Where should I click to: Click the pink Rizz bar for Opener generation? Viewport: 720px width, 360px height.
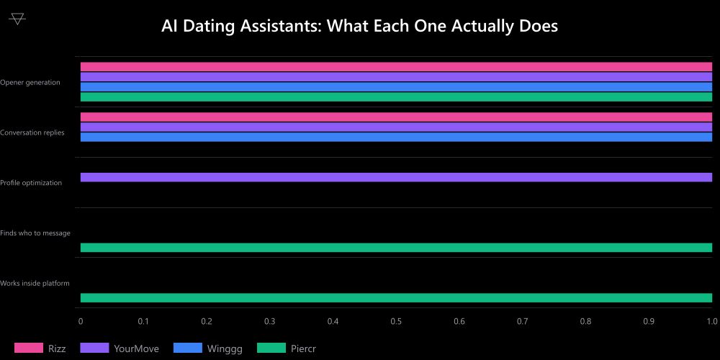click(x=396, y=67)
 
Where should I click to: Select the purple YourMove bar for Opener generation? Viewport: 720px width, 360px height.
click(x=396, y=77)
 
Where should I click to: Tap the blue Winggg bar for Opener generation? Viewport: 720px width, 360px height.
click(x=396, y=87)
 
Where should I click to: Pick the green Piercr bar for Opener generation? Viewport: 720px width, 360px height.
click(x=396, y=97)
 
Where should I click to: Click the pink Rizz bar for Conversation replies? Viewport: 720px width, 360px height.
click(x=396, y=117)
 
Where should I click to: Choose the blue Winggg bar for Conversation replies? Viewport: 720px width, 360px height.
click(x=396, y=137)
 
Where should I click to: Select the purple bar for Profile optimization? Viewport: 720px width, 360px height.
click(x=396, y=177)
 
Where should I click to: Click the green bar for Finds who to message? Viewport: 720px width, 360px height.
click(x=396, y=248)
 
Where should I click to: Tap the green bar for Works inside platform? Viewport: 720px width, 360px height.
click(x=396, y=297)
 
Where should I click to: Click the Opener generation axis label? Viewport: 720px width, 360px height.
click(x=30, y=82)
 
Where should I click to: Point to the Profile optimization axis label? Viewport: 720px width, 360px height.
click(x=31, y=183)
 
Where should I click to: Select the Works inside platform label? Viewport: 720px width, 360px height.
click(x=35, y=283)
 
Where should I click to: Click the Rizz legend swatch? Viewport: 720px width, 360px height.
click(x=29, y=348)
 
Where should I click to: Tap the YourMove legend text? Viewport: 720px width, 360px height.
click(x=136, y=348)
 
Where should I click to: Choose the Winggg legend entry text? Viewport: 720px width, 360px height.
click(x=225, y=348)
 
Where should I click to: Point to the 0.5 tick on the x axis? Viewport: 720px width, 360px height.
click(x=396, y=321)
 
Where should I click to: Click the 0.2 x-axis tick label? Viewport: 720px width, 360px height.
click(x=207, y=321)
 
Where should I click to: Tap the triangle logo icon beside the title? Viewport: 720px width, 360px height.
click(x=17, y=19)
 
